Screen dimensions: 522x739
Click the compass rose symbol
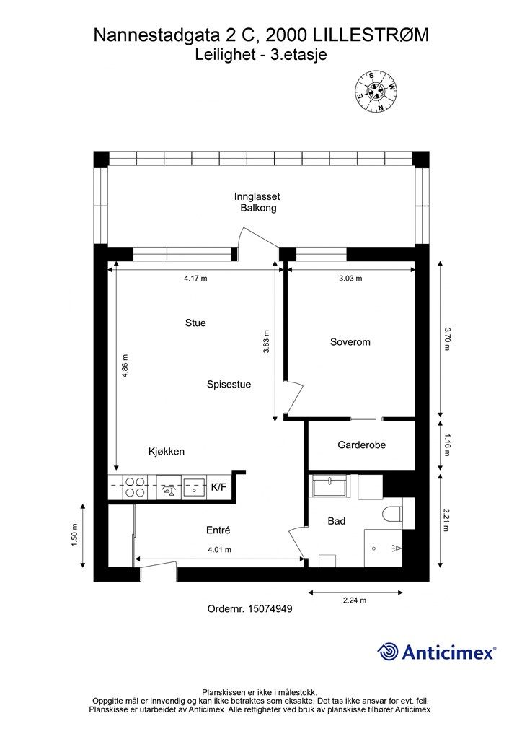click(x=376, y=91)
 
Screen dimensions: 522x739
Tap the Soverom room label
click(x=350, y=341)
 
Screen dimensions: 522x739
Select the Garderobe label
click(x=361, y=445)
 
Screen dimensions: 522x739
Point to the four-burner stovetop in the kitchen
click(x=135, y=487)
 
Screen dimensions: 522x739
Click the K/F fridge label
click(x=218, y=487)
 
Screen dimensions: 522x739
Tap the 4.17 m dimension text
click(x=195, y=278)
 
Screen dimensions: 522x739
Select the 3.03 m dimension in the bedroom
click(x=350, y=278)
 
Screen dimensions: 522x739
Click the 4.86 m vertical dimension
click(x=125, y=366)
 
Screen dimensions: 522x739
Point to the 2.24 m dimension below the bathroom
click(x=355, y=600)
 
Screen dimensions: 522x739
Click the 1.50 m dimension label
click(x=74, y=535)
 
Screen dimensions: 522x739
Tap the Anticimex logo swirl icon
click(x=388, y=652)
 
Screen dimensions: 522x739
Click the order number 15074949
click(x=270, y=608)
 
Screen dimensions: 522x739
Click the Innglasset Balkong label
click(x=257, y=202)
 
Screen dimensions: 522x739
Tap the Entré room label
click(x=218, y=530)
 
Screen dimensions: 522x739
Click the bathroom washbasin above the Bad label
click(x=329, y=486)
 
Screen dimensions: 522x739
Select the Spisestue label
click(x=229, y=384)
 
